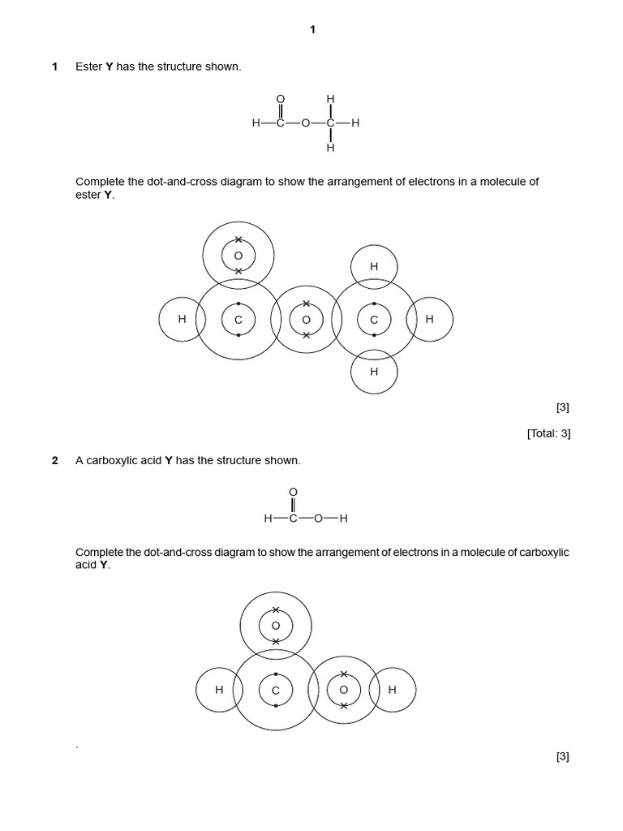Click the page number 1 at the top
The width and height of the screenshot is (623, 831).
[x=312, y=30]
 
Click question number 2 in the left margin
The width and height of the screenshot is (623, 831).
[x=55, y=460]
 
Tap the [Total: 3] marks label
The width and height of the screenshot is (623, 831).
[x=548, y=433]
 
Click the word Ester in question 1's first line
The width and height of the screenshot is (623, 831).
[x=88, y=67]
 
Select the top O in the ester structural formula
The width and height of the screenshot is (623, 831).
[x=281, y=99]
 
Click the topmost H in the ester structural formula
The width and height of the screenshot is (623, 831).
[x=330, y=99]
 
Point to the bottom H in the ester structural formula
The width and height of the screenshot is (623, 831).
[x=330, y=149]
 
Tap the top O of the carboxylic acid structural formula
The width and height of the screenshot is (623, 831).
[x=293, y=493]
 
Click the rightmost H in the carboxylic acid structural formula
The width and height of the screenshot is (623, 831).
[x=343, y=519]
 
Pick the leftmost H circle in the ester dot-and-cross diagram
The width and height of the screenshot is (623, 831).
[x=182, y=319]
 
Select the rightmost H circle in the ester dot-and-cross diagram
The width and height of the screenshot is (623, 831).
[x=430, y=319]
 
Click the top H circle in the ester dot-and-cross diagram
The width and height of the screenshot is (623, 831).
[x=374, y=266]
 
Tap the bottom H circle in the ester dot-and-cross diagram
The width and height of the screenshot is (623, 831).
[x=374, y=372]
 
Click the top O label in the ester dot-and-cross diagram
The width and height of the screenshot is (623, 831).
[x=238, y=256]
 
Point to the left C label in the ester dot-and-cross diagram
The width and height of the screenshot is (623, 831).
[x=238, y=320]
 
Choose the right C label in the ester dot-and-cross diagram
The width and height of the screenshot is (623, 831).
[x=374, y=320]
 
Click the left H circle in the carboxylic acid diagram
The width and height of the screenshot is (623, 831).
[x=219, y=690]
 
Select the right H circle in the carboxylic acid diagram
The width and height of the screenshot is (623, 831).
[x=393, y=690]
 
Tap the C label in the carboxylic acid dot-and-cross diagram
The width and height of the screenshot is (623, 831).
[x=276, y=691]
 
